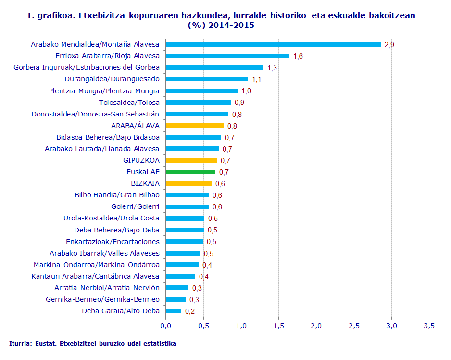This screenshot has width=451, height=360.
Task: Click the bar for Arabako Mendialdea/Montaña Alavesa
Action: point(273,44)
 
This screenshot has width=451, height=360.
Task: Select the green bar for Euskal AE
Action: point(190,172)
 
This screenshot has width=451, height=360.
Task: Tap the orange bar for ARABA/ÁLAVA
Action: point(194,126)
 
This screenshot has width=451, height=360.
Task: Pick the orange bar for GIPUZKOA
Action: point(191,160)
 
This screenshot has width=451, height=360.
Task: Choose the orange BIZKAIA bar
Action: point(188,183)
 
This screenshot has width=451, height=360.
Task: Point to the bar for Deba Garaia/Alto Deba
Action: point(173,311)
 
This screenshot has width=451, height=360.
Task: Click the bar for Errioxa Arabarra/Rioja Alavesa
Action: point(227,56)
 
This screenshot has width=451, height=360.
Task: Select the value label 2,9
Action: point(389,45)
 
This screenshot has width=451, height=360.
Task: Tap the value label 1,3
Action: point(272,68)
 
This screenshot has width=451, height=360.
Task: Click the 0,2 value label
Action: point(190,311)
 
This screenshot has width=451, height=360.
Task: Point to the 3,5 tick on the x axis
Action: point(429,326)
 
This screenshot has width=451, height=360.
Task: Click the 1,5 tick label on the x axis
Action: point(278,326)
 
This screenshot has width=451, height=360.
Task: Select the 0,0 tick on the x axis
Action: point(165,326)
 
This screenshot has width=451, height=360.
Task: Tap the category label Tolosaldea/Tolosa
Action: point(129,103)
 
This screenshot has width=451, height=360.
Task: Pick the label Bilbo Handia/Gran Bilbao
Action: point(117,195)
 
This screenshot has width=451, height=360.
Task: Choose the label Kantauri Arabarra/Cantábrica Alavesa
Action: point(95,276)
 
